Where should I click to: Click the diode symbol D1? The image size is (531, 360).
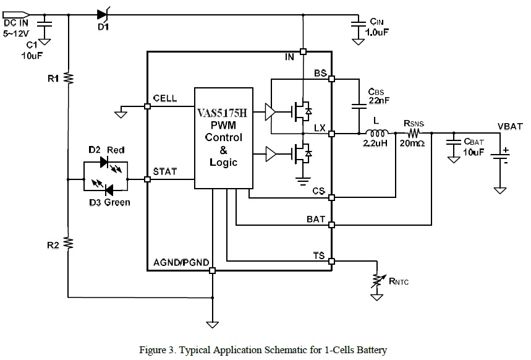coord(103,14)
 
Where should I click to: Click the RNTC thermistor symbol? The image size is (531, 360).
coord(374,282)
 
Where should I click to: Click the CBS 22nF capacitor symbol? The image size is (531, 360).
coord(359,106)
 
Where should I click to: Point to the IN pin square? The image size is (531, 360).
coord(303,51)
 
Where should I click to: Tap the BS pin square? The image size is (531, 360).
coord(332,79)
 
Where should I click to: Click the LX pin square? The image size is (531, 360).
coord(332,133)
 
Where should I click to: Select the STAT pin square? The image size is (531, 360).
coord(147,179)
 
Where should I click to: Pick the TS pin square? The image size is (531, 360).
coord(332,260)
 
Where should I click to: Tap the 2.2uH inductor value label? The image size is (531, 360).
coord(375,144)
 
